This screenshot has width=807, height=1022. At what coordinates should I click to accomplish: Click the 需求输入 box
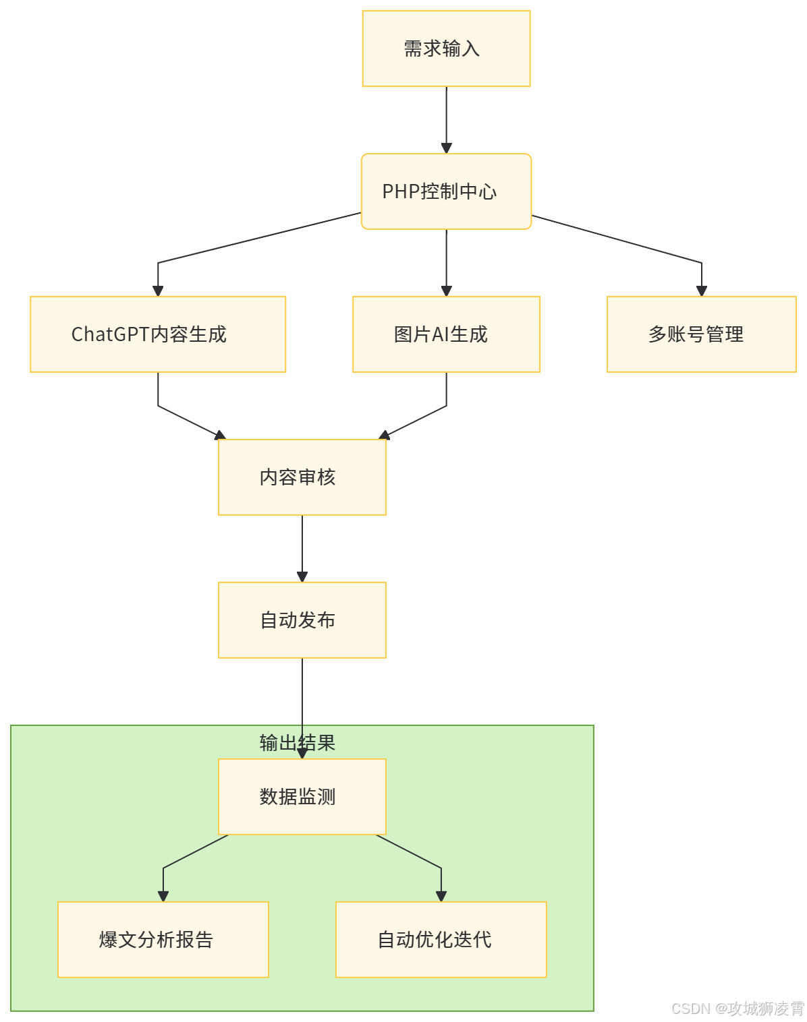point(446,49)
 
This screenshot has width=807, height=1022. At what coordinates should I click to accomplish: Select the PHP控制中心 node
point(446,191)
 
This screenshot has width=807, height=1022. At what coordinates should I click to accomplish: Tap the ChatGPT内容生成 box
point(158,334)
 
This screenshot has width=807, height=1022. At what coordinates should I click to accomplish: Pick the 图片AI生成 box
point(446,334)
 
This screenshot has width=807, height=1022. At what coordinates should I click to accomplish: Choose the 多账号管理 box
point(701,334)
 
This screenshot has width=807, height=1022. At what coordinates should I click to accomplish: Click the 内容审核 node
point(302,477)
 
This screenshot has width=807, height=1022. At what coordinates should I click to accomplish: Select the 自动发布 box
point(302,620)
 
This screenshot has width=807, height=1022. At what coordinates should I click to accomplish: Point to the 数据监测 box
point(302,797)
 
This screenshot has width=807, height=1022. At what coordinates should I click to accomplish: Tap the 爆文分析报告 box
point(163,939)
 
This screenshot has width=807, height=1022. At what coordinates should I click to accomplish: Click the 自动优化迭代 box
point(441,939)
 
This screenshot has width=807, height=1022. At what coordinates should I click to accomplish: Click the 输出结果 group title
point(297,742)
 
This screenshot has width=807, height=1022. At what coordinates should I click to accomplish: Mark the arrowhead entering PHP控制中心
point(446,148)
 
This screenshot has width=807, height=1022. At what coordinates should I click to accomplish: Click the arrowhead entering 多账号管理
point(701,290)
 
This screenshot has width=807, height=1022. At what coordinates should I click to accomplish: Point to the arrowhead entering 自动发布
point(302,576)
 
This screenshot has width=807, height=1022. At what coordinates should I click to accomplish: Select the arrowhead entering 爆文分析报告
point(163,896)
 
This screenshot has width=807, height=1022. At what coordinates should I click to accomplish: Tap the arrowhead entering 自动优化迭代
point(441,896)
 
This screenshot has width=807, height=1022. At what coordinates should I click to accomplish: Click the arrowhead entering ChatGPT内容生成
point(158,290)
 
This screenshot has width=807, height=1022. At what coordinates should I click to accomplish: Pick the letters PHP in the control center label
point(401,191)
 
